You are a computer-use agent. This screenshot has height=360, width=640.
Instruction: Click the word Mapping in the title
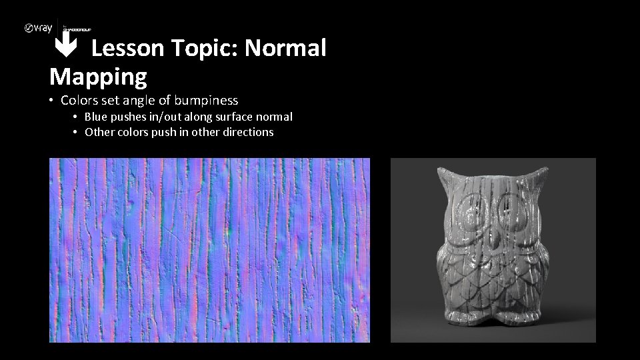98,77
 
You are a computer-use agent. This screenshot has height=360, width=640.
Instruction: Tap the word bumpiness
206,101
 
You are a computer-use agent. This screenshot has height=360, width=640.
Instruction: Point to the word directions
249,132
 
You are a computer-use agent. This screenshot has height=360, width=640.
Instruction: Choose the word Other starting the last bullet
98,132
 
